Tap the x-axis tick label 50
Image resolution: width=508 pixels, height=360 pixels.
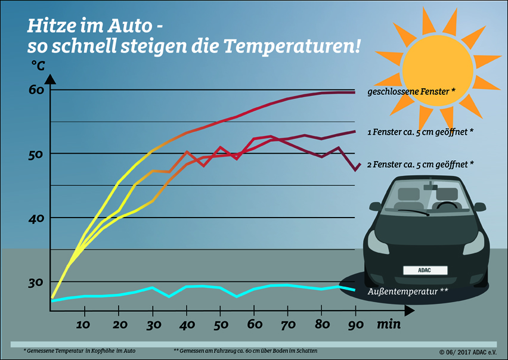[x=220, y=325]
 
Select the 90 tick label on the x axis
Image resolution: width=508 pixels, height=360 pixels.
[x=356, y=325]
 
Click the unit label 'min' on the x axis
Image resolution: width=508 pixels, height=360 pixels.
[x=388, y=325]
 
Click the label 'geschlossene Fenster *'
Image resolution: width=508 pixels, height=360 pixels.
[x=411, y=91]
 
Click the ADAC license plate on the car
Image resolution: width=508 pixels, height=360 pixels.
[x=425, y=270]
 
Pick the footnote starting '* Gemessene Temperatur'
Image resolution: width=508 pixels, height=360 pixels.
[x=79, y=350]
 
